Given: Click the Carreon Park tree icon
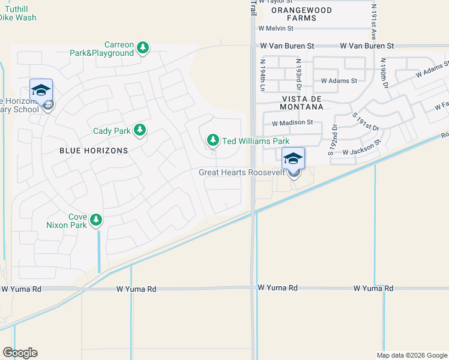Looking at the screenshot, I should coord(143,47).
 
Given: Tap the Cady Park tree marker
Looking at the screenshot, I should coord(140,129).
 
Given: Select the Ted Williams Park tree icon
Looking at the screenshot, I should coord(212,140).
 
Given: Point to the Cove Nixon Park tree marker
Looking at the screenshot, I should coord(96,220).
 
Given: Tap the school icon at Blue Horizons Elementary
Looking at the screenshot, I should coord(41,91).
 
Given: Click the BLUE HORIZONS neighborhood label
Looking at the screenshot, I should coord(94,151).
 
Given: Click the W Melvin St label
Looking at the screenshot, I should coord(276,28).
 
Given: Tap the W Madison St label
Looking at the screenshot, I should coord(292,123).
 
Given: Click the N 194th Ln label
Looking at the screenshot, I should coord(262,68).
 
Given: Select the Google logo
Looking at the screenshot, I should coord(20,353).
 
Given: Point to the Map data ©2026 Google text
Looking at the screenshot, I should coord(411,355).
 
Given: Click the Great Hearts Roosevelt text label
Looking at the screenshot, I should coord(242,173).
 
